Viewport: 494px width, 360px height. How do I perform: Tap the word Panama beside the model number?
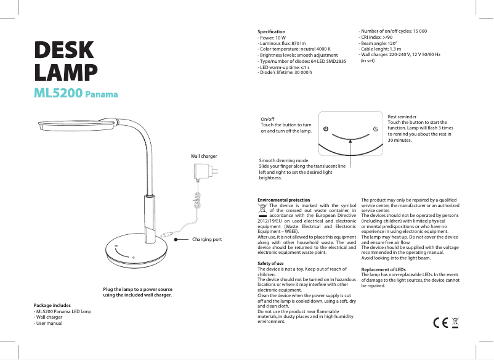point(101,95)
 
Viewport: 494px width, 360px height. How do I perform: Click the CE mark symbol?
point(440,323)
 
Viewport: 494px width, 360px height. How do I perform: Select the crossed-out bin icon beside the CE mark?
point(456,322)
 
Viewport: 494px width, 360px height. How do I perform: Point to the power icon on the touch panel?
point(326,128)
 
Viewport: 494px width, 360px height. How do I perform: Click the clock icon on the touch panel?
point(375,128)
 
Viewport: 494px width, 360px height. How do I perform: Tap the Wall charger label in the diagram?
point(204,157)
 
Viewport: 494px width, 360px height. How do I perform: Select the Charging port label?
point(207,239)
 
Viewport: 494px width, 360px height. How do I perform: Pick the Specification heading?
point(271,31)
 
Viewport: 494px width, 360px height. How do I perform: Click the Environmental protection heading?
point(283,200)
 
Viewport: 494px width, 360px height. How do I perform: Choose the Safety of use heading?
point(270,264)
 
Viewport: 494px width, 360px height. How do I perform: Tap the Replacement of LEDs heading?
point(383,269)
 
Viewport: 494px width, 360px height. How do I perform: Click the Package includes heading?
point(52,305)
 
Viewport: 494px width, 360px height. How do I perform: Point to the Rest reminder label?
point(402,116)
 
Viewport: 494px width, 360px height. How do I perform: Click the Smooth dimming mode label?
point(283,160)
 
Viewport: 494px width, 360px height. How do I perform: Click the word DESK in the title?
point(65,51)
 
